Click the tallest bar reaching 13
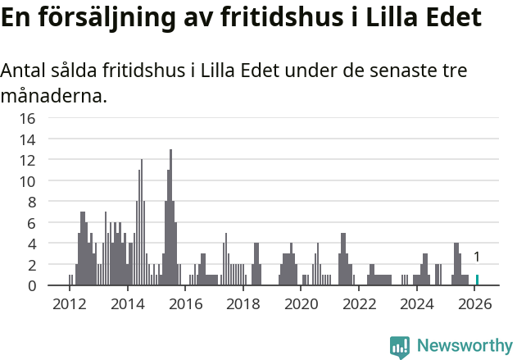coord(170,218)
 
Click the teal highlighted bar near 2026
coord(477,280)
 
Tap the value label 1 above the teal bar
coord(477,257)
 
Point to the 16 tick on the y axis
coord(27,118)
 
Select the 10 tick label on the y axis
coord(27,181)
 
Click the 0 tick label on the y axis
coord(31,286)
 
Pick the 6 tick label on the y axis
coord(31,223)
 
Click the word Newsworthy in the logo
coord(464,346)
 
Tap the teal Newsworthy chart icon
coord(400,347)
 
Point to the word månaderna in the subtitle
coord(53,96)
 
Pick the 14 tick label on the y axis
coord(27,139)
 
